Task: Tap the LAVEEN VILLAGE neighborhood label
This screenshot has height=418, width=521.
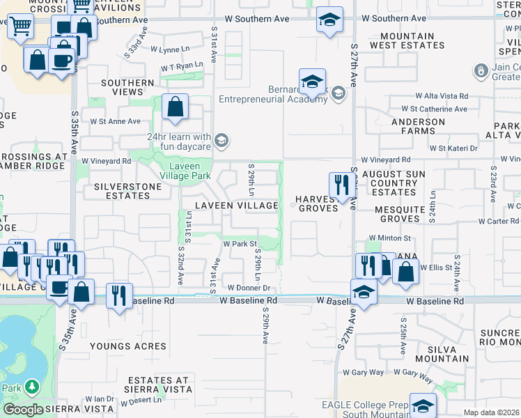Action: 237,206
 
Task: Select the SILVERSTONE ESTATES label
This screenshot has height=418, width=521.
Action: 117,192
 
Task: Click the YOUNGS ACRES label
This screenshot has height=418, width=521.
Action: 128,346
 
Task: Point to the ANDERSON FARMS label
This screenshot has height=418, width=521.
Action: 418,127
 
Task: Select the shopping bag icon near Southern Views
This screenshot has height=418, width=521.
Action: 176,107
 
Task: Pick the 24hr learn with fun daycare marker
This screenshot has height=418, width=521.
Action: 221,141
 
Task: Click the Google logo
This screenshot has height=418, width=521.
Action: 23,410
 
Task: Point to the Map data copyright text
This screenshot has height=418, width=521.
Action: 491,412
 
